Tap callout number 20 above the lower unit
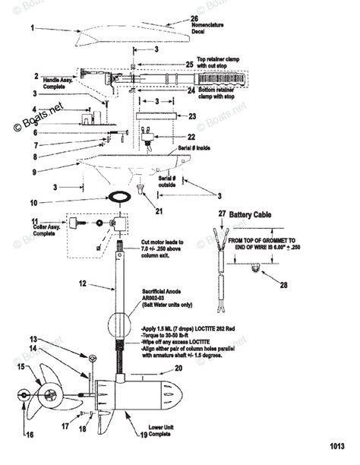pyautogui.click(x=179, y=368)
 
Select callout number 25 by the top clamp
pyautogui.click(x=189, y=65)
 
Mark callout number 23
pyautogui.click(x=192, y=116)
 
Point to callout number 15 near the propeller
pyautogui.click(x=21, y=367)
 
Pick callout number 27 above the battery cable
pyautogui.click(x=223, y=215)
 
